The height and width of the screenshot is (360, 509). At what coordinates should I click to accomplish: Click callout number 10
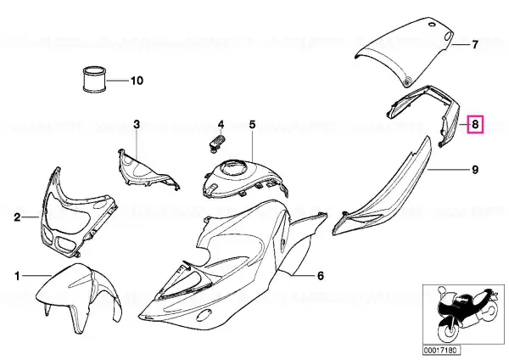(137, 81)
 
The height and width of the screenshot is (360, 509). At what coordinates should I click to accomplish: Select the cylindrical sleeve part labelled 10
(94, 79)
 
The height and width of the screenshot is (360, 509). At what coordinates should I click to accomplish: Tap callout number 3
(137, 124)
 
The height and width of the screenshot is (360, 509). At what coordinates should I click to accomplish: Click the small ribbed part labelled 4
(215, 143)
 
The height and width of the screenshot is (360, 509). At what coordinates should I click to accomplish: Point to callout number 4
(221, 124)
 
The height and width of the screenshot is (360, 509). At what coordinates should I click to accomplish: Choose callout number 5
(252, 124)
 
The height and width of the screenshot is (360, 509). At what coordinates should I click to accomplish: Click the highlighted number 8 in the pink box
(475, 124)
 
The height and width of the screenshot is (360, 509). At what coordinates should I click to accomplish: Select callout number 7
(475, 44)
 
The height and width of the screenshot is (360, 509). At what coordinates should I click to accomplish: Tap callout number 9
(475, 170)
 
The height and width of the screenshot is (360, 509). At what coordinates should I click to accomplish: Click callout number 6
(320, 276)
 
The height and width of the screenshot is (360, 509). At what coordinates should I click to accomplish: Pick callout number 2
(17, 217)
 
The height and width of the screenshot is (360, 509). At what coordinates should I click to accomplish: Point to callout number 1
(17, 276)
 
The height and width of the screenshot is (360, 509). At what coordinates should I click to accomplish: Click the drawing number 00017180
(441, 350)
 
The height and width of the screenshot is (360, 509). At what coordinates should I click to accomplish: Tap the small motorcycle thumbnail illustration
(464, 316)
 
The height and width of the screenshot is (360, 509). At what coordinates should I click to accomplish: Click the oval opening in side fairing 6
(204, 314)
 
